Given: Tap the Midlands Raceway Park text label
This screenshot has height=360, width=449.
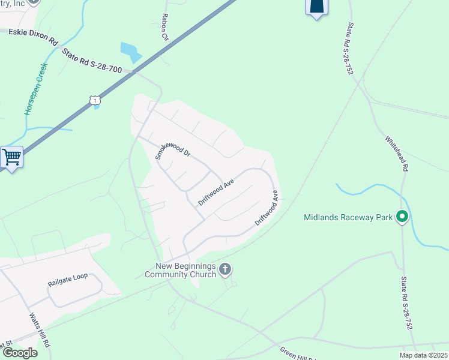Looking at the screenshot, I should click(348, 217).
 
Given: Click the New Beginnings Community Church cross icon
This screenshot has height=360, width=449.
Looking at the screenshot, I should click(225, 269).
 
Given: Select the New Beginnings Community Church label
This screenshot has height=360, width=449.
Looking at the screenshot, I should click(185, 270).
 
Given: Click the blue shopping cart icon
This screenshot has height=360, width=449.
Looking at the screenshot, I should click(11, 158).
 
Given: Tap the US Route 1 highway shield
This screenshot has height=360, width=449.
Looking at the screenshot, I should click(94, 100).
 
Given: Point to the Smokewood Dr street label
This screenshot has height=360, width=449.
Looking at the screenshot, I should click(172, 145).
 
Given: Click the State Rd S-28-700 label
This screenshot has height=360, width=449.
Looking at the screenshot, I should click(92, 61).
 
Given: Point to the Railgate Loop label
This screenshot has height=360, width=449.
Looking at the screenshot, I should click(68, 277).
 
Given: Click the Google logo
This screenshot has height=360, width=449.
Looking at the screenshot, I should click(20, 353).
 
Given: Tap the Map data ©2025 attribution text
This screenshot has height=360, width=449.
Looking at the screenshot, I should click(423, 355).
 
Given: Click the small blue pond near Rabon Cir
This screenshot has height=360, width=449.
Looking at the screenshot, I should click(130, 52).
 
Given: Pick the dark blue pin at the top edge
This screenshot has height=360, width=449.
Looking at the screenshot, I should click(317, 7).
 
